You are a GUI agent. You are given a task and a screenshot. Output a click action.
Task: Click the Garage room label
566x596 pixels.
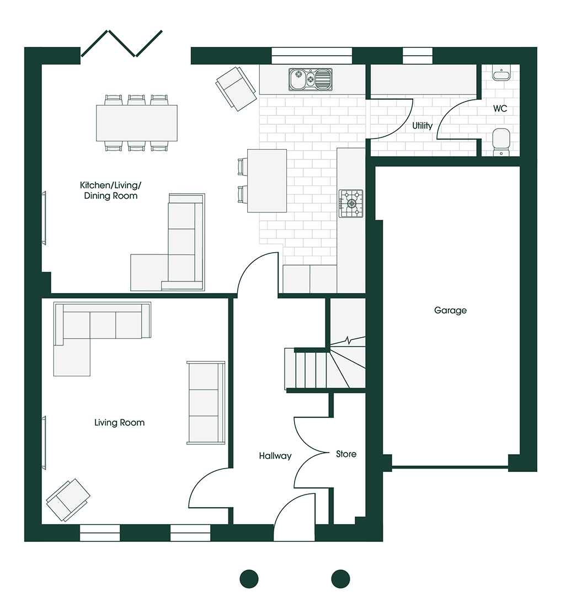450,311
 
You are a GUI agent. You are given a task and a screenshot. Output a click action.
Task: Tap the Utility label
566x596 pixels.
423,125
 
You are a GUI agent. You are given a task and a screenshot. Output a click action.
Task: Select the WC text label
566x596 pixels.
500,109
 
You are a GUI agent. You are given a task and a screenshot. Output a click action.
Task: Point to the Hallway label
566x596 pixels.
275,456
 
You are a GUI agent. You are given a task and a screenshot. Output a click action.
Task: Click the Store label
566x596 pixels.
346,454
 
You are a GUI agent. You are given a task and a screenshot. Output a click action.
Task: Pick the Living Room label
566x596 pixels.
119,423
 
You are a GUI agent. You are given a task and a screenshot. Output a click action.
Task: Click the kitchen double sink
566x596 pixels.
311,79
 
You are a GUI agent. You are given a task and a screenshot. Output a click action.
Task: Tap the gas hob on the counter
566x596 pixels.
351,204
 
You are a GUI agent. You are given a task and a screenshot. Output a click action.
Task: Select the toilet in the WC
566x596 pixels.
501,142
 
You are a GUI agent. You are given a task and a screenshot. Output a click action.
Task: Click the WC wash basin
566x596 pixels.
501,72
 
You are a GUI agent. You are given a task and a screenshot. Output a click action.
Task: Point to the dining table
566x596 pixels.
137,123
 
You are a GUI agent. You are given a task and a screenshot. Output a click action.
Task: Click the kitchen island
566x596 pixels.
267,180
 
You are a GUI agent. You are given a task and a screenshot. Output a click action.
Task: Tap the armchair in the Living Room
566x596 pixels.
68,500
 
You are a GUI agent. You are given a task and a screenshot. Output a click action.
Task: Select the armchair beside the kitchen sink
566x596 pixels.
236,89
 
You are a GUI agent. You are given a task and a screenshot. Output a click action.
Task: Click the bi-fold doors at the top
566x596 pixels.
122,44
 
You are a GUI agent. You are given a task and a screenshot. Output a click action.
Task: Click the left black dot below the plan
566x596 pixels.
249,579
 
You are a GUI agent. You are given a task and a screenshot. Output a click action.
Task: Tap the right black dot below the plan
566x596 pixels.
340,579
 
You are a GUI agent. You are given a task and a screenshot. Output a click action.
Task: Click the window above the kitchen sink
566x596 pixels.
312,56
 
